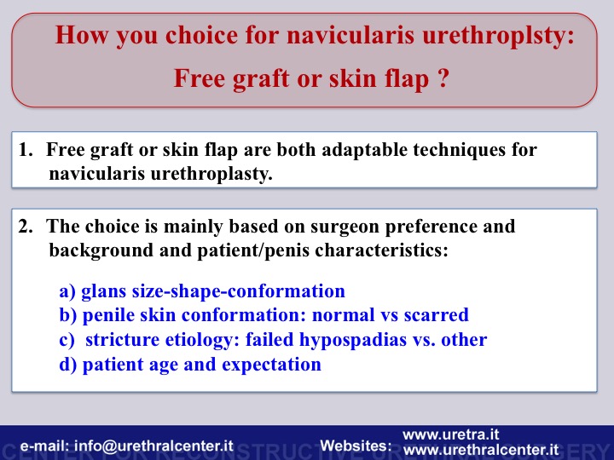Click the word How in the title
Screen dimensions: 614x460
click(x=82, y=35)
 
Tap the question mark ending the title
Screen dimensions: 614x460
click(x=443, y=78)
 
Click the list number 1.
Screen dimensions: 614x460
click(x=26, y=149)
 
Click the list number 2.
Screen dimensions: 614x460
click(x=26, y=226)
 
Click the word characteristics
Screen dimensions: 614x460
click(x=381, y=250)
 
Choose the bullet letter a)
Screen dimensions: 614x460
click(x=67, y=291)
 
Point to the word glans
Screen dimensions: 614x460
click(x=104, y=291)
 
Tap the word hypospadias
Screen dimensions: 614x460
click(x=353, y=340)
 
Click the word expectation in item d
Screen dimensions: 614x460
click(x=271, y=365)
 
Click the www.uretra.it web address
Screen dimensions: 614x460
click(x=451, y=434)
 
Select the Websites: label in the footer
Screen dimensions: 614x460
click(x=356, y=446)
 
